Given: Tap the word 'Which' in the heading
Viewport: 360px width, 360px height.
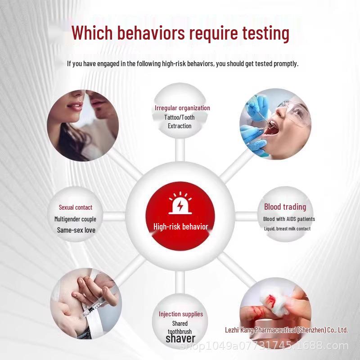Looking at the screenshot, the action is pyautogui.click(x=92, y=32).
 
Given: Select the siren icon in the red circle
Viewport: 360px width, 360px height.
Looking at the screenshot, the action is pyautogui.click(x=180, y=203).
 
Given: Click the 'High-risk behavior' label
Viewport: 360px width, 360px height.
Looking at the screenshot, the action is pyautogui.click(x=181, y=227).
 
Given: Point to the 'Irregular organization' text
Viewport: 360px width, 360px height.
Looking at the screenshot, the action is pyautogui.click(x=182, y=108).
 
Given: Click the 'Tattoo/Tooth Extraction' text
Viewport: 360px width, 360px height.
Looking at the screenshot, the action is pyautogui.click(x=180, y=121).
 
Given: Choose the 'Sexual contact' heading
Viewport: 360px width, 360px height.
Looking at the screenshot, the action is pyautogui.click(x=76, y=207).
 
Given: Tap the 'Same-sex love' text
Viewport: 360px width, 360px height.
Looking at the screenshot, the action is pyautogui.click(x=76, y=230).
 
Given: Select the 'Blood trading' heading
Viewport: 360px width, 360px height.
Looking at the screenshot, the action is pyautogui.click(x=285, y=207).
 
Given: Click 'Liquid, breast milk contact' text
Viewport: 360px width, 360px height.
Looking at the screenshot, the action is pyautogui.click(x=287, y=229).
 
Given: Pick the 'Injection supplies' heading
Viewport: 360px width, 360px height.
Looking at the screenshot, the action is pyautogui.click(x=181, y=314).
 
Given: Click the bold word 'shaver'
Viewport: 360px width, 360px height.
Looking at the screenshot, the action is pyautogui.click(x=180, y=338).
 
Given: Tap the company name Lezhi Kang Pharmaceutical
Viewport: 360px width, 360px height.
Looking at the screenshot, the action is pyautogui.click(x=286, y=330).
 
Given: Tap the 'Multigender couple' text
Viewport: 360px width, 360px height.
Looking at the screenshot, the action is pyautogui.click(x=75, y=219).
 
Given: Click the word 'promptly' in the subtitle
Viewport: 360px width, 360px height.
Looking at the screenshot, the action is pyautogui.click(x=286, y=63).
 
